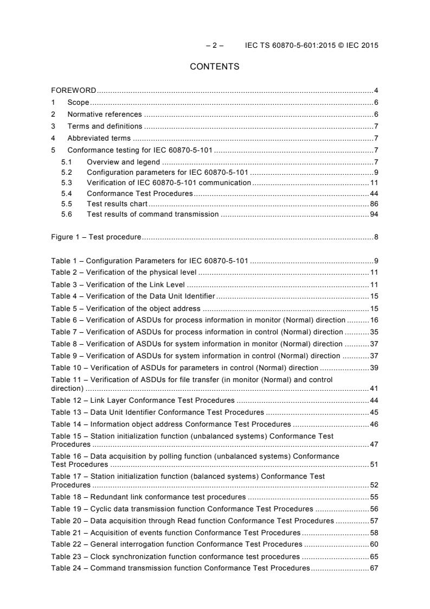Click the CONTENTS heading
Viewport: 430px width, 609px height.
point(215,67)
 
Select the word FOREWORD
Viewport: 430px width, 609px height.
point(74,90)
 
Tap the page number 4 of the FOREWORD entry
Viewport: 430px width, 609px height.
point(376,90)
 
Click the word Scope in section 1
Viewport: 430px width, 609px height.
point(78,102)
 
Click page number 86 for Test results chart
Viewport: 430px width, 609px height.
point(374,204)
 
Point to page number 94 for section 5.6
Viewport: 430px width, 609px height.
point(374,214)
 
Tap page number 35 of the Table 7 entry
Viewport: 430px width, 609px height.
point(374,332)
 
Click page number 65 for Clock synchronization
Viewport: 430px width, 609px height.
point(374,556)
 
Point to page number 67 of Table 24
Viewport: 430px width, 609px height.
point(374,568)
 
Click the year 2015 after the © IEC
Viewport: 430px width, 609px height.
point(369,46)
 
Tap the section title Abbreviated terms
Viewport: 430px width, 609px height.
point(99,138)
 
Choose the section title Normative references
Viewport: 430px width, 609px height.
point(104,114)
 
